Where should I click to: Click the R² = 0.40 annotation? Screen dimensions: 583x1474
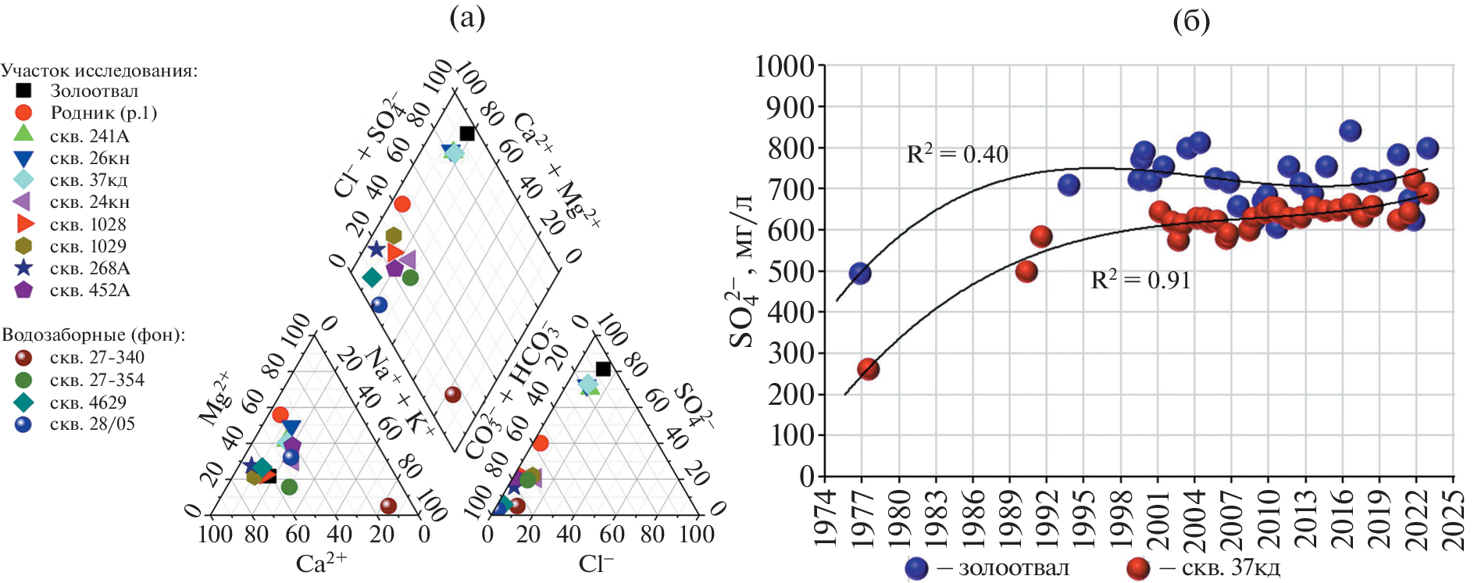[x=957, y=154]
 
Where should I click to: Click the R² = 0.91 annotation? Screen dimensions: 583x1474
[x=1140, y=280]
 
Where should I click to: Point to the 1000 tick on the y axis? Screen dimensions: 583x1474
[x=784, y=66]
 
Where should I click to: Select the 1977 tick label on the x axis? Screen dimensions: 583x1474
[x=862, y=520]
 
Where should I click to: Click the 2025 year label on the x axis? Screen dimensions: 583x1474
[x=1454, y=520]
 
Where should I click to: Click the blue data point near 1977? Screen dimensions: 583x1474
[x=860, y=274]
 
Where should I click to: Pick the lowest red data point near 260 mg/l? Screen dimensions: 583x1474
[x=868, y=369]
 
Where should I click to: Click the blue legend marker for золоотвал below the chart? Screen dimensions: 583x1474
[x=917, y=568]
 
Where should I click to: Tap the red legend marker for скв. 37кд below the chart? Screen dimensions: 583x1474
[x=1139, y=568]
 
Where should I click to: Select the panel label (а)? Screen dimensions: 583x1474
[x=467, y=17]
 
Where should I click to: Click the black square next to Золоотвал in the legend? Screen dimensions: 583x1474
[x=24, y=91]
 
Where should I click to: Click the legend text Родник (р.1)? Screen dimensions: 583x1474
[x=104, y=113]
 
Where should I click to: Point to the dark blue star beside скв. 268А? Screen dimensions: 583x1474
[x=24, y=268]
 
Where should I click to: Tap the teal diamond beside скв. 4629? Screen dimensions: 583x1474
[x=24, y=402]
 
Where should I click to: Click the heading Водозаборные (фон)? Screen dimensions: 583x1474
[x=94, y=335]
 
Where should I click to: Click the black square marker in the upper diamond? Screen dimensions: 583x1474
[x=467, y=134]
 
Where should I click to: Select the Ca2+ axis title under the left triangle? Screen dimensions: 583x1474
[x=321, y=563]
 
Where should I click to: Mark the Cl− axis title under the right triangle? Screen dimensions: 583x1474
[x=596, y=563]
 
